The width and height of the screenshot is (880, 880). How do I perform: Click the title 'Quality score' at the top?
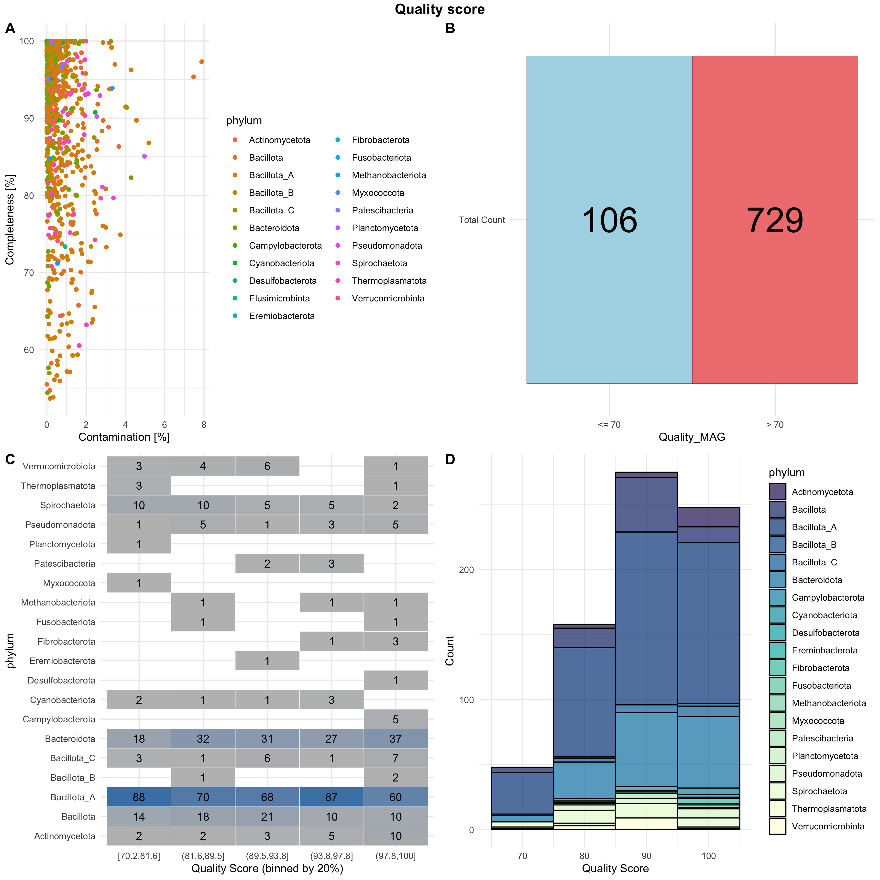coord(440,10)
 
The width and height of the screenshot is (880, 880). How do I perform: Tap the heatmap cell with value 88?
coord(139,797)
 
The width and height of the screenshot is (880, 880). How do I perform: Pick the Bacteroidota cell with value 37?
coord(395,739)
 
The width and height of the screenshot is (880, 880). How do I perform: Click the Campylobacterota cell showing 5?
coord(395,719)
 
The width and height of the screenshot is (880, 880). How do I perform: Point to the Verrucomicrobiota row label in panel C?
coord(59,466)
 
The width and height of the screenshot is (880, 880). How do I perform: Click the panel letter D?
coord(450,459)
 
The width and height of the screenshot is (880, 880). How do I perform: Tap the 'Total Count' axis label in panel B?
coord(482,220)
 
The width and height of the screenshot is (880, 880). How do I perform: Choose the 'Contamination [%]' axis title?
coord(124,437)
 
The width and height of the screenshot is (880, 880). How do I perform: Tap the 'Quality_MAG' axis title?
coord(692,437)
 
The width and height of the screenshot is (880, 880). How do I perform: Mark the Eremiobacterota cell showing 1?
coord(267,661)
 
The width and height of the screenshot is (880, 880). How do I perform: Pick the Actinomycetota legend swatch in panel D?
coord(778,492)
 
